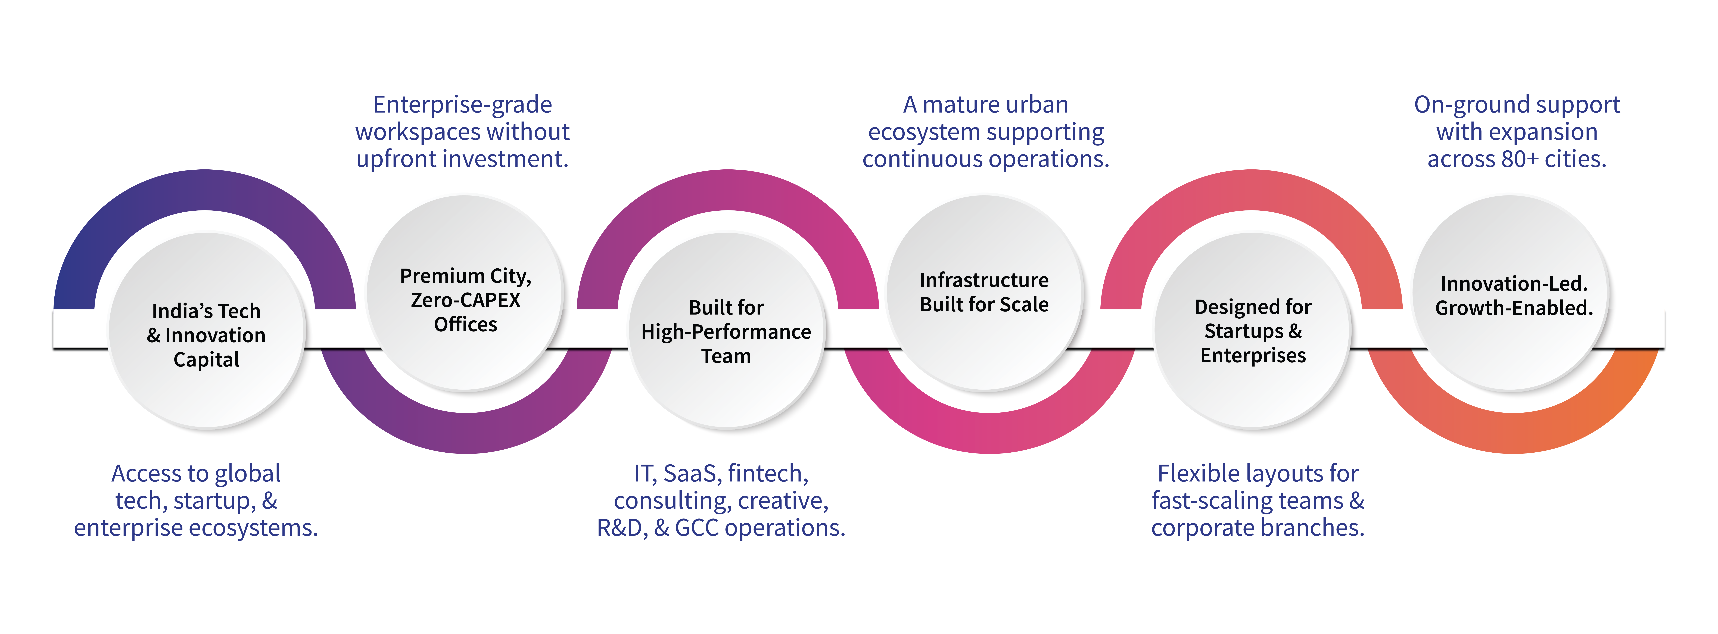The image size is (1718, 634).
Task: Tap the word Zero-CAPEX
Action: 466,300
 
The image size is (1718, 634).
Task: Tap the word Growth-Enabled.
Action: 1514,308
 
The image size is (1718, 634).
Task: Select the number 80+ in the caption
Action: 1526,159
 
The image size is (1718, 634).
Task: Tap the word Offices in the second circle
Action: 466,325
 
